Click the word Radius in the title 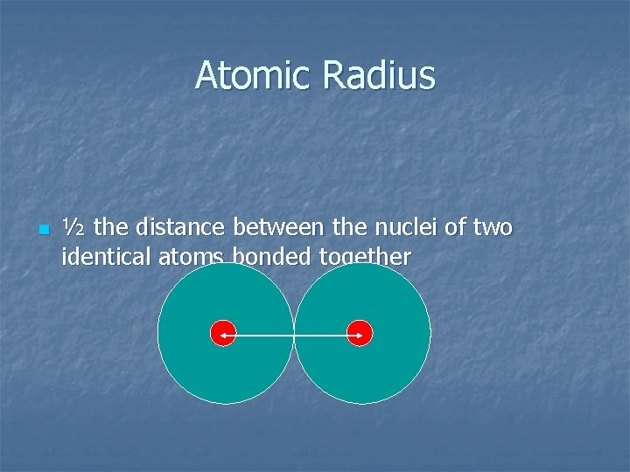coord(378,75)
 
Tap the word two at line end coord(493,229)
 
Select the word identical coord(99,257)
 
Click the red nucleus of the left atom coord(224,334)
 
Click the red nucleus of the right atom coord(360,334)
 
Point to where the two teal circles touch coord(294,334)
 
